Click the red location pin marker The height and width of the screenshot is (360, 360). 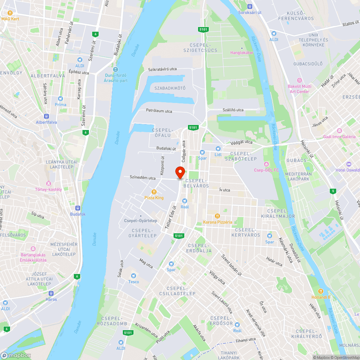(x=180, y=172)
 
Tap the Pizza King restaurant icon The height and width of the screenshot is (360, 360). (x=154, y=192)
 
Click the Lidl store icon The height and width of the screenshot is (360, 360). (x=218, y=148)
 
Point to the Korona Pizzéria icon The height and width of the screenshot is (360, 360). (x=217, y=216)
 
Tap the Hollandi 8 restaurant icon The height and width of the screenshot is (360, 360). (x=321, y=291)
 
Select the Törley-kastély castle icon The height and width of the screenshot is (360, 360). (x=48, y=183)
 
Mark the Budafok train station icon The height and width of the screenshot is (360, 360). (x=77, y=208)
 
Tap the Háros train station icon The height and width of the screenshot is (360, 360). (x=51, y=293)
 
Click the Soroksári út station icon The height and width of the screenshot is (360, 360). (x=250, y=6)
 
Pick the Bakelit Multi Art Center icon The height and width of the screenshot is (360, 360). (x=299, y=80)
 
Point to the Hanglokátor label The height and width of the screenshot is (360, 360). (x=242, y=53)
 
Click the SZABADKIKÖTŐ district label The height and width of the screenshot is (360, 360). (x=170, y=88)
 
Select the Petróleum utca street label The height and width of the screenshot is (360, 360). (x=159, y=111)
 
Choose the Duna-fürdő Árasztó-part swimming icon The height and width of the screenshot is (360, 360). (x=116, y=69)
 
